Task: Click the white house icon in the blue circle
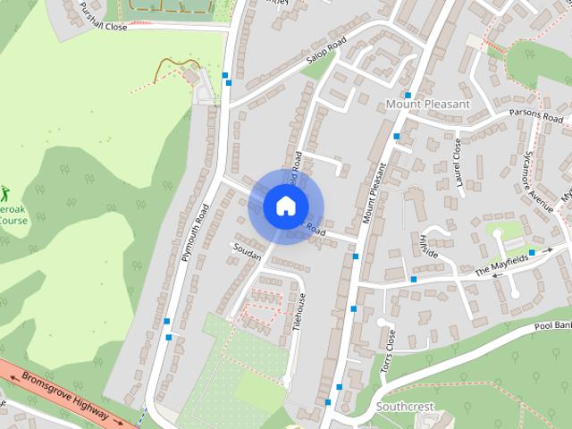pos(285,206)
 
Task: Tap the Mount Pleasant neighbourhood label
pos(427,105)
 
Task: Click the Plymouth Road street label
pos(194,230)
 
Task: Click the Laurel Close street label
pos(458,162)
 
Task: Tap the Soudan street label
pos(246,254)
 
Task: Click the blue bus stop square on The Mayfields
pos(533,253)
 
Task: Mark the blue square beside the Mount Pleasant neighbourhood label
pos(408,95)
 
